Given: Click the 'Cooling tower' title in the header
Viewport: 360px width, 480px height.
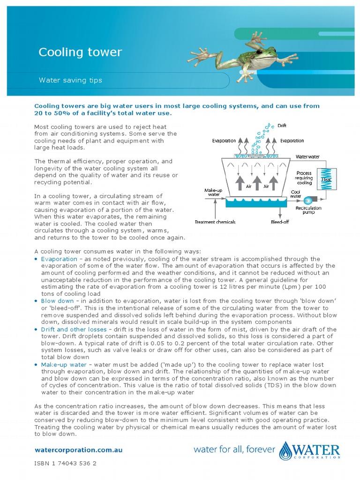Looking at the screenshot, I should pyautogui.click(x=80, y=52).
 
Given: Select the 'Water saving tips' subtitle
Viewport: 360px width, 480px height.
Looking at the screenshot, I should pyautogui.click(x=70, y=80).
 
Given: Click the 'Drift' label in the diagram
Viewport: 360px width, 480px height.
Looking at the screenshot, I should pyautogui.click(x=282, y=126).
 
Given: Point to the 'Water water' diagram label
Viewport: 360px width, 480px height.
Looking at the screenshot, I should pyautogui.click(x=307, y=156).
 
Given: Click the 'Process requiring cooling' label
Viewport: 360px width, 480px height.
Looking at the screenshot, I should pyautogui.click(x=304, y=178).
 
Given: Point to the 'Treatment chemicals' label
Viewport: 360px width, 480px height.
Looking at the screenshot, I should pyautogui.click(x=215, y=222).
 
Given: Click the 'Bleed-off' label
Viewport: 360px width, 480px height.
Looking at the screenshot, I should pyautogui.click(x=280, y=222).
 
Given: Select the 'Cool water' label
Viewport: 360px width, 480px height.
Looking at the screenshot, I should pyautogui.click(x=296, y=194).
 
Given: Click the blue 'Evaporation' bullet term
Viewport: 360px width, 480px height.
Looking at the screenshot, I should pyautogui.click(x=59, y=259).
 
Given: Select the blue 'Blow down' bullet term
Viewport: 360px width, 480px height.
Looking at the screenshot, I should pyautogui.click(x=57, y=301).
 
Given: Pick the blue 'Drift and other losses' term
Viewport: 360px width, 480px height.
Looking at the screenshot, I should pyautogui.click(x=74, y=329).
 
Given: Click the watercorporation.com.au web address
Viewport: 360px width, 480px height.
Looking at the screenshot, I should pyautogui.click(x=79, y=450).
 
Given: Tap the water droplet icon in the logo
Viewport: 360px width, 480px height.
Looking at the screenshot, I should pyautogui.click(x=285, y=451).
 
